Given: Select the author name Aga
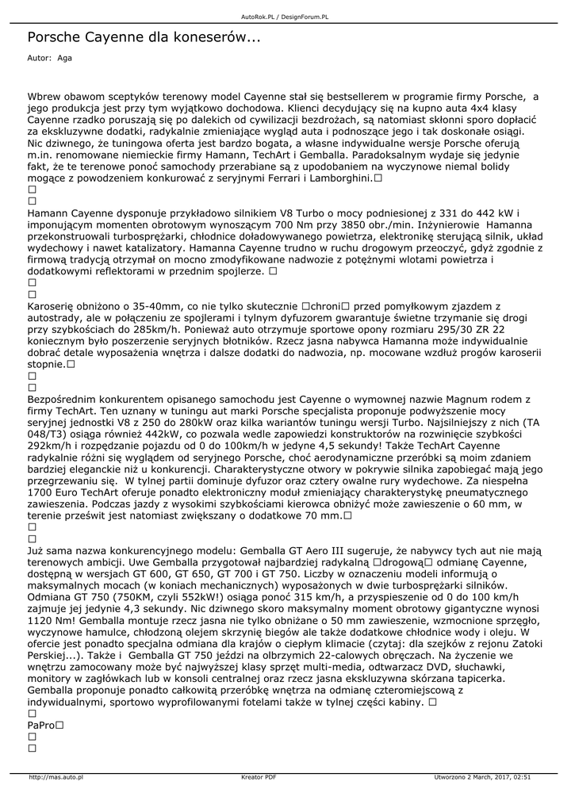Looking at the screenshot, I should coord(64,58).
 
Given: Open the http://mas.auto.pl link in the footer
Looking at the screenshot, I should coord(56,777).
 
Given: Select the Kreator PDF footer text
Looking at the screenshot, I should coord(259,777).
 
